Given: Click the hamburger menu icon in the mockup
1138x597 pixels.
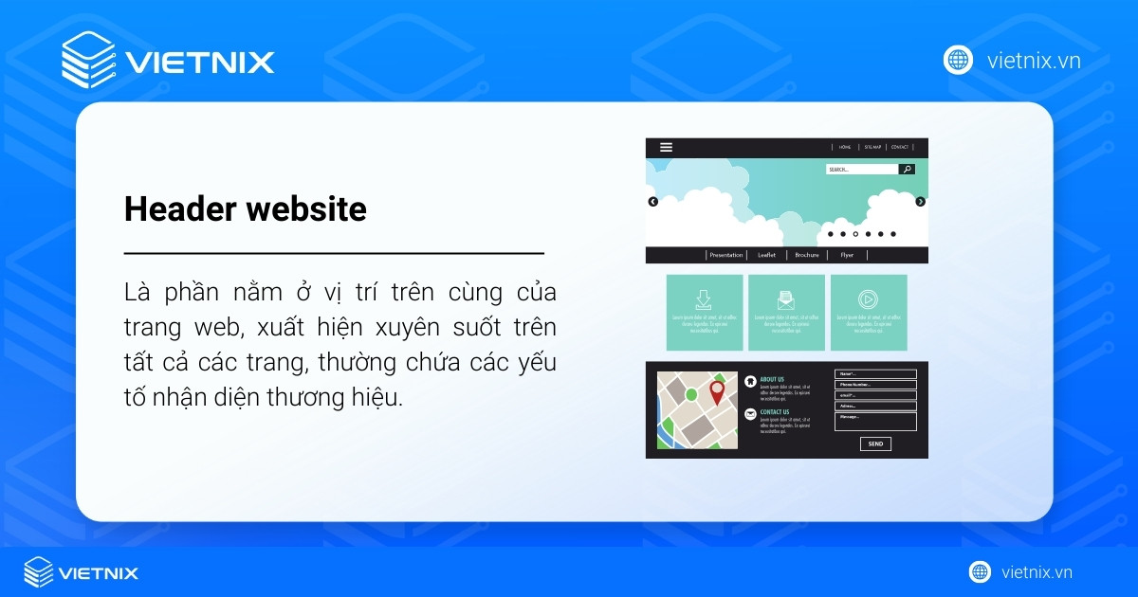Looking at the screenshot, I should [666, 147].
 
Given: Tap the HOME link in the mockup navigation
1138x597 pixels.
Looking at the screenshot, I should [845, 147].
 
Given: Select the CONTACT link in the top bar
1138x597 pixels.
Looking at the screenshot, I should [899, 147].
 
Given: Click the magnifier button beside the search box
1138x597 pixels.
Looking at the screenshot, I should [907, 170].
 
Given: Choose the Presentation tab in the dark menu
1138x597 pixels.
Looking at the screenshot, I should [726, 255].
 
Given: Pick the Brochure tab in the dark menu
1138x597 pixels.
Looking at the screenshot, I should [807, 255].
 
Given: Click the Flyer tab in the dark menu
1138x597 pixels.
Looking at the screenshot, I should [847, 255].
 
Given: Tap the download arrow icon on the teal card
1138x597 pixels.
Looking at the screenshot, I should [704, 299].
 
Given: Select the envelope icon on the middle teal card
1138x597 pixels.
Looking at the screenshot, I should [785, 300].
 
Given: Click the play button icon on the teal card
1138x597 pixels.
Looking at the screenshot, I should [867, 299].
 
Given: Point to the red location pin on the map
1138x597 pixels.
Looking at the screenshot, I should [717, 391].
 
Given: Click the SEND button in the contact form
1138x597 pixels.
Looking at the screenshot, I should [875, 443].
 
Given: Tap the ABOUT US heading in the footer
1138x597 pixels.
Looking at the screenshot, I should [772, 379].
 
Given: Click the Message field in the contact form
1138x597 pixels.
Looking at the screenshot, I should [875, 421].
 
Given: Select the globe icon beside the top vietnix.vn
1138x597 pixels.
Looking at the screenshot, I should [958, 60].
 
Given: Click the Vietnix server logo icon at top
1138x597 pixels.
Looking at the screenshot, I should [87, 61].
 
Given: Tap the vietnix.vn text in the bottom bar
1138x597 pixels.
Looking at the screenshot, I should [1037, 571].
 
